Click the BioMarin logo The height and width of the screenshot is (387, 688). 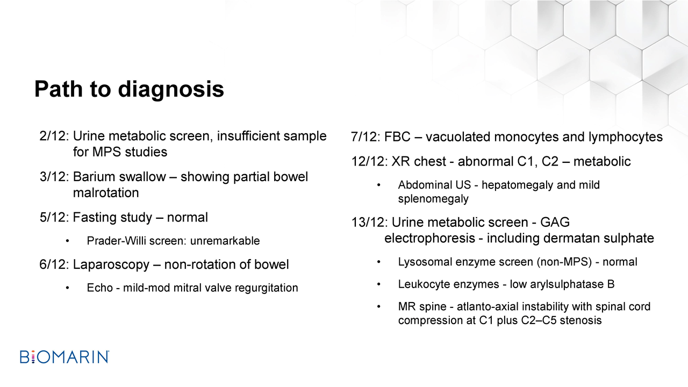(x=64, y=357)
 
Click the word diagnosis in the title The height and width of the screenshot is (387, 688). (x=171, y=90)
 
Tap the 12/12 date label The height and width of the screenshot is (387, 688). (x=369, y=162)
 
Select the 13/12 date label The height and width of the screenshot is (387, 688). (x=369, y=223)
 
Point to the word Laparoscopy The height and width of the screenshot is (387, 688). (x=111, y=265)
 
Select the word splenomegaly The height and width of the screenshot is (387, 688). (x=433, y=199)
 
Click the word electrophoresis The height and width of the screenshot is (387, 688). (x=429, y=239)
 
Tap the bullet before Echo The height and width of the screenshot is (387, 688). (x=67, y=288)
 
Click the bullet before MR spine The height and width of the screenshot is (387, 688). (x=379, y=307)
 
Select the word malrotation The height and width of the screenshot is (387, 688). (x=106, y=193)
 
